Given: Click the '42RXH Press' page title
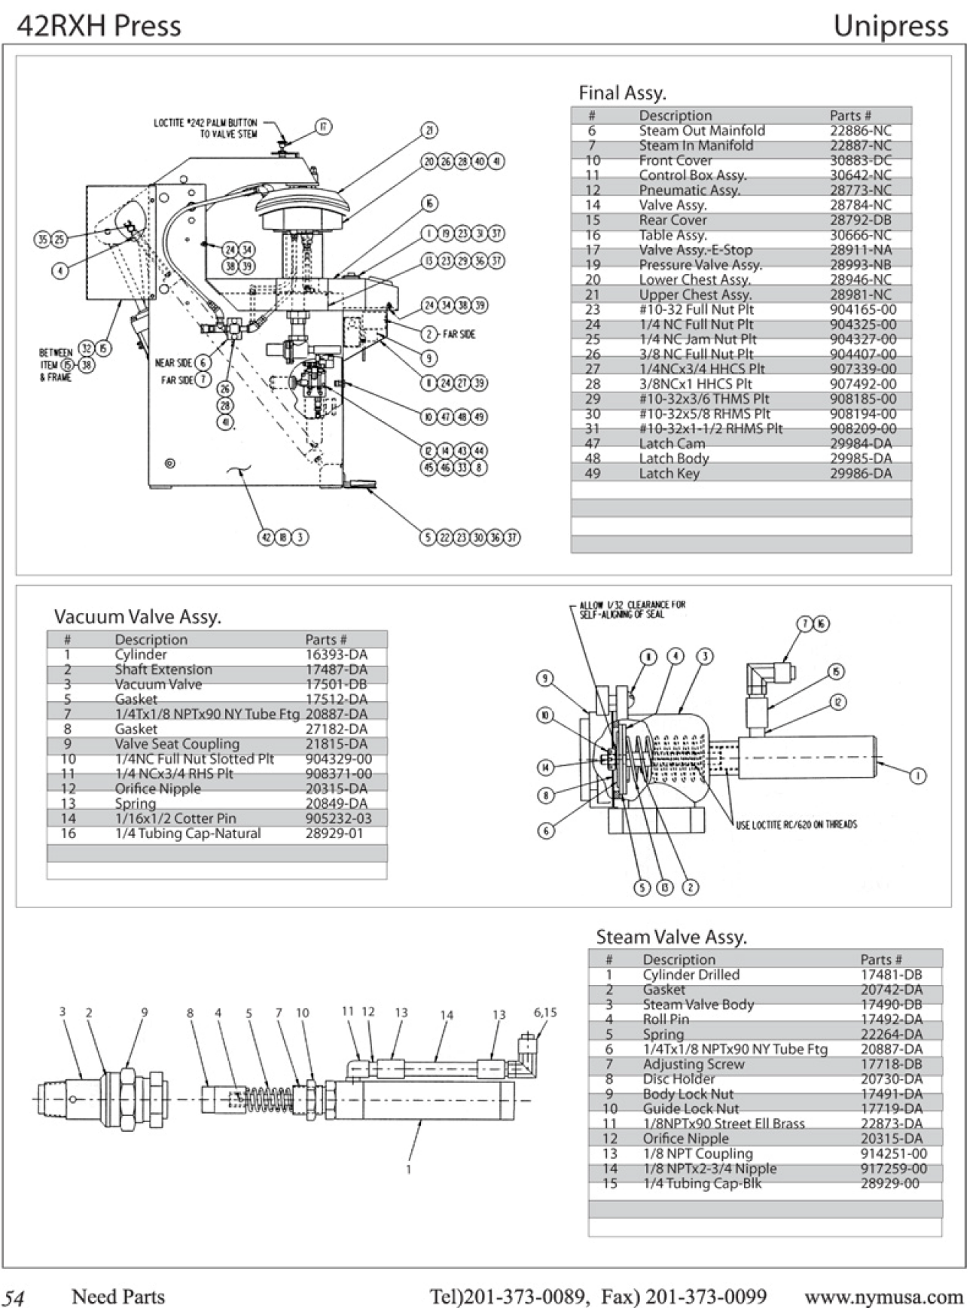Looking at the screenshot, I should (99, 26).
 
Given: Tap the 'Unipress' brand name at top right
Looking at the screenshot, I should (890, 26).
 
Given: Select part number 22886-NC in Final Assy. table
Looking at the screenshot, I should (860, 130).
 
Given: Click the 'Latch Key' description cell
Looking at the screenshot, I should (669, 473).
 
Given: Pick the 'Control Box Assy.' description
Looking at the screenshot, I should (692, 175).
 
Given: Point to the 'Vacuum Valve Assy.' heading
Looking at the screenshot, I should (138, 617).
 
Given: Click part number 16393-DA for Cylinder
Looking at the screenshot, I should (336, 654).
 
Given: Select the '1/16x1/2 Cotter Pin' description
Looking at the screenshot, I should (175, 819).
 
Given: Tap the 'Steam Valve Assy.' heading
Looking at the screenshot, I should (671, 937).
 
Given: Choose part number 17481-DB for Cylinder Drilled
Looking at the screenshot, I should (891, 974).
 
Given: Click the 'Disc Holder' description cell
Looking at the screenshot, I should (679, 1079).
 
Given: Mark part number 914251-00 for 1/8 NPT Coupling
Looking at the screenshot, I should (894, 1154).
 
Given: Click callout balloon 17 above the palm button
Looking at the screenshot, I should (322, 127).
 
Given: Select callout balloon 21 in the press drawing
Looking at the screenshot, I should (428, 130).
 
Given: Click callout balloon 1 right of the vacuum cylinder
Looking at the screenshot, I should (917, 775).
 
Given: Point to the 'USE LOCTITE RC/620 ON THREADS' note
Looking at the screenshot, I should (796, 824).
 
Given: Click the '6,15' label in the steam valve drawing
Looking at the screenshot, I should (544, 1012).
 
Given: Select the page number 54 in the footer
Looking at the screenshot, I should (14, 1297).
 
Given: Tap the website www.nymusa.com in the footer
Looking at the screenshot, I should (883, 1297).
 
